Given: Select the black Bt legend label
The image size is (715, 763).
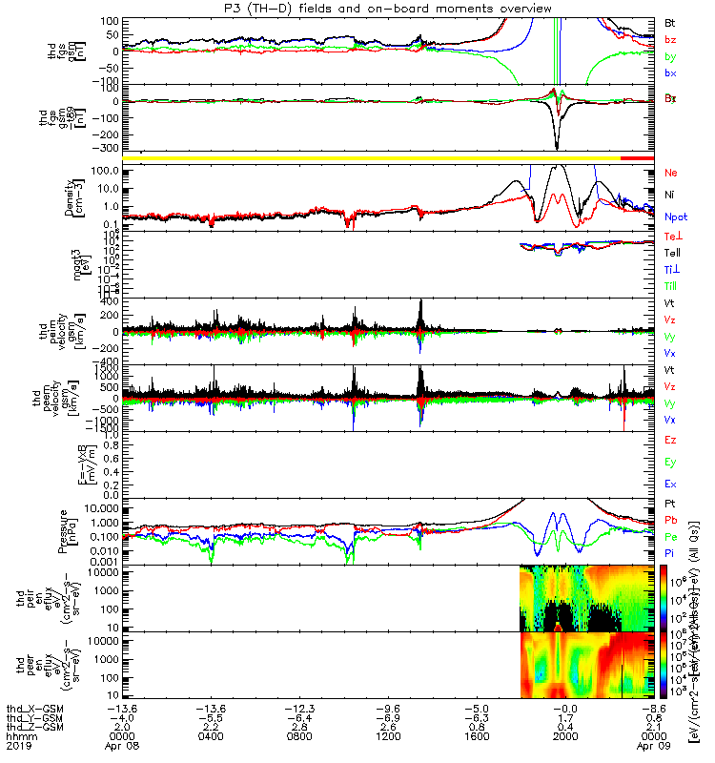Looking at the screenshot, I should click(x=670, y=21).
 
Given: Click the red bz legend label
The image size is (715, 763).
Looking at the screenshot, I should click(x=670, y=38).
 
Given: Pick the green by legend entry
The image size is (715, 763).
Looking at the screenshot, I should click(x=670, y=56).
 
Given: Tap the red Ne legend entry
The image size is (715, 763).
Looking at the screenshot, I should click(x=671, y=173).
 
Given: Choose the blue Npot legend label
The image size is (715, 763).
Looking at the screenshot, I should click(x=676, y=217).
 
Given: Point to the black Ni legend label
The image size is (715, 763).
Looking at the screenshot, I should click(x=670, y=195).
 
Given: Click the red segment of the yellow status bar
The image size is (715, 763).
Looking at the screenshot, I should click(x=636, y=157).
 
